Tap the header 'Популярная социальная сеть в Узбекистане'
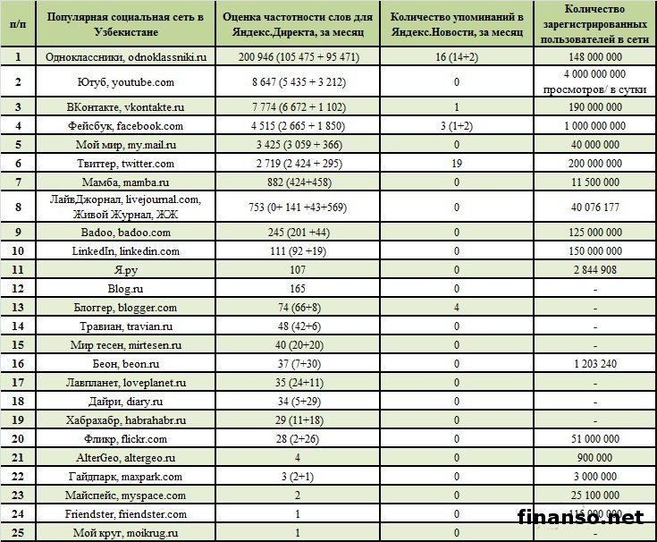coord(126,24)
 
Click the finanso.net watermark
coord(581,516)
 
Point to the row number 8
coord(17,207)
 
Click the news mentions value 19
coord(456,164)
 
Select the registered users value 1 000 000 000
coord(596,126)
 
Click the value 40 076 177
coord(596,207)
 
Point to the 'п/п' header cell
coord(17,24)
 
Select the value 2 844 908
coord(596,270)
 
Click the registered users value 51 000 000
coord(596,438)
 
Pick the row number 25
coord(17,533)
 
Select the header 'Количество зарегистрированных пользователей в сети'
coord(596,24)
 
